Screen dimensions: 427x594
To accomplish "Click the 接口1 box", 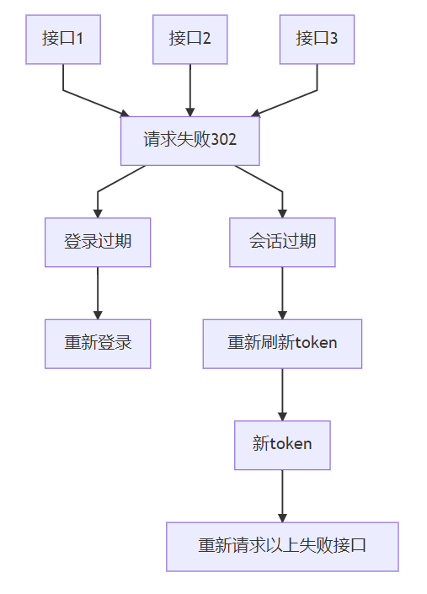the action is click(63, 40).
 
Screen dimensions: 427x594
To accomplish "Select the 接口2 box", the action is click(190, 40).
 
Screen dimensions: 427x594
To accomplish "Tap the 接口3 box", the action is click(318, 40).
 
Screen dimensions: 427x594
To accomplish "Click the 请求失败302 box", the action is click(190, 141).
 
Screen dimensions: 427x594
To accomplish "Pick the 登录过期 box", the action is click(98, 243).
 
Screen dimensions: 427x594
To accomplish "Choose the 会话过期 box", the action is click(282, 243).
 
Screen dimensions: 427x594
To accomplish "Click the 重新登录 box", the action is click(98, 344).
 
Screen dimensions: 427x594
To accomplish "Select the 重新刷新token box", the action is click(282, 344).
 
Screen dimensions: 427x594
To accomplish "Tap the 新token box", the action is click(282, 446).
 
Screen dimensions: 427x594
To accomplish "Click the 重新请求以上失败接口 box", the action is click(282, 547).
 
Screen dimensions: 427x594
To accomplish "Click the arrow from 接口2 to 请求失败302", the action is click(190, 90).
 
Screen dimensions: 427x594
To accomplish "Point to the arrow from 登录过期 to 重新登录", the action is click(98, 293).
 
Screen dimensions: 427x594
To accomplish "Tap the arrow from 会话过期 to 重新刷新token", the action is click(282, 293).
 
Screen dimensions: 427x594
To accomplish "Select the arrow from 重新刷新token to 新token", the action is click(282, 395).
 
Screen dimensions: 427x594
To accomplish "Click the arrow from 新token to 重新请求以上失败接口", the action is click(282, 496).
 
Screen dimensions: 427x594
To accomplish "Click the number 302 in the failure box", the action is click(224, 139).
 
